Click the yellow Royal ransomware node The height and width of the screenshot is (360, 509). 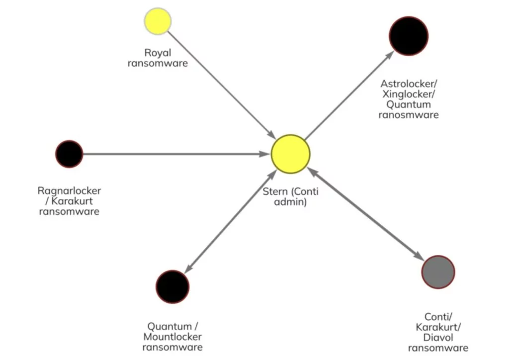pyautogui.click(x=158, y=21)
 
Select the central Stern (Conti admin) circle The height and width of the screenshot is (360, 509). pyautogui.click(x=290, y=154)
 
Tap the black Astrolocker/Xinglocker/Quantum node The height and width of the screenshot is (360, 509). pyautogui.click(x=409, y=36)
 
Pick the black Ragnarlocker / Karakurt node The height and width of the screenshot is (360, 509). pyautogui.click(x=69, y=154)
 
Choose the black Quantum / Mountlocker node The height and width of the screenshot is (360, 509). pyautogui.click(x=172, y=286)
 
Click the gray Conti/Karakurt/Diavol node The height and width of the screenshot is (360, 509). pyautogui.click(x=438, y=272)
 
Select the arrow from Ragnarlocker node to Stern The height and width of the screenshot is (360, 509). pyautogui.click(x=174, y=154)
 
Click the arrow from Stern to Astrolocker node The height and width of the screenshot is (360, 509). pyautogui.click(x=348, y=94)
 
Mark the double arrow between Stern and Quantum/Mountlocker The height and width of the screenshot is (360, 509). pyautogui.click(x=231, y=221)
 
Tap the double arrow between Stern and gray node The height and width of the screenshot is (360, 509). pyautogui.click(x=365, y=214)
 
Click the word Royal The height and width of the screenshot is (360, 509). pyautogui.click(x=157, y=53)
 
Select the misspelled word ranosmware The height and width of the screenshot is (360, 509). pyautogui.click(x=409, y=115)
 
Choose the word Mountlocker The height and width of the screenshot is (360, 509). pyautogui.click(x=172, y=337)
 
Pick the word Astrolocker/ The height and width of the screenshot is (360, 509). pyautogui.click(x=409, y=84)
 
